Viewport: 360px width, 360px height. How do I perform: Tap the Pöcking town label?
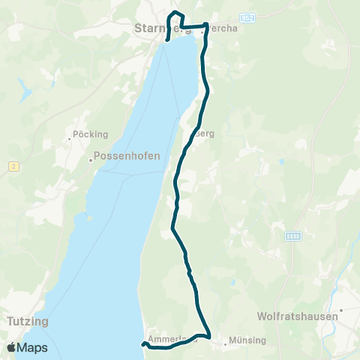(x=91, y=134)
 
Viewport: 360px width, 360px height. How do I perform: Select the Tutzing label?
(x=28, y=321)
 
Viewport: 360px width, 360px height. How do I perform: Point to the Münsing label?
(x=249, y=340)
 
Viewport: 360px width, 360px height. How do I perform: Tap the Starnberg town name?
(x=157, y=28)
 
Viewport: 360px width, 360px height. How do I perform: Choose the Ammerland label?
(x=172, y=339)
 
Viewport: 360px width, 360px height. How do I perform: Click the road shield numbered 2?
(x=13, y=166)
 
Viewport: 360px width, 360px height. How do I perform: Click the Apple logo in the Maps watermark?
(x=11, y=347)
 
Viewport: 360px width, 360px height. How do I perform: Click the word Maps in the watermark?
(x=32, y=347)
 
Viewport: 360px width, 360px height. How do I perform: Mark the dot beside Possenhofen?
(x=91, y=159)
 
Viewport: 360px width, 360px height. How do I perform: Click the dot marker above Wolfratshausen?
(x=340, y=309)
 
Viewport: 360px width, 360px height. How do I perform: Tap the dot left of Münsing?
(x=225, y=345)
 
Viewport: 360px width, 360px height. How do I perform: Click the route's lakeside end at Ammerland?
(x=142, y=344)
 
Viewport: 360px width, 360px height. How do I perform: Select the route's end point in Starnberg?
(x=166, y=40)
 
